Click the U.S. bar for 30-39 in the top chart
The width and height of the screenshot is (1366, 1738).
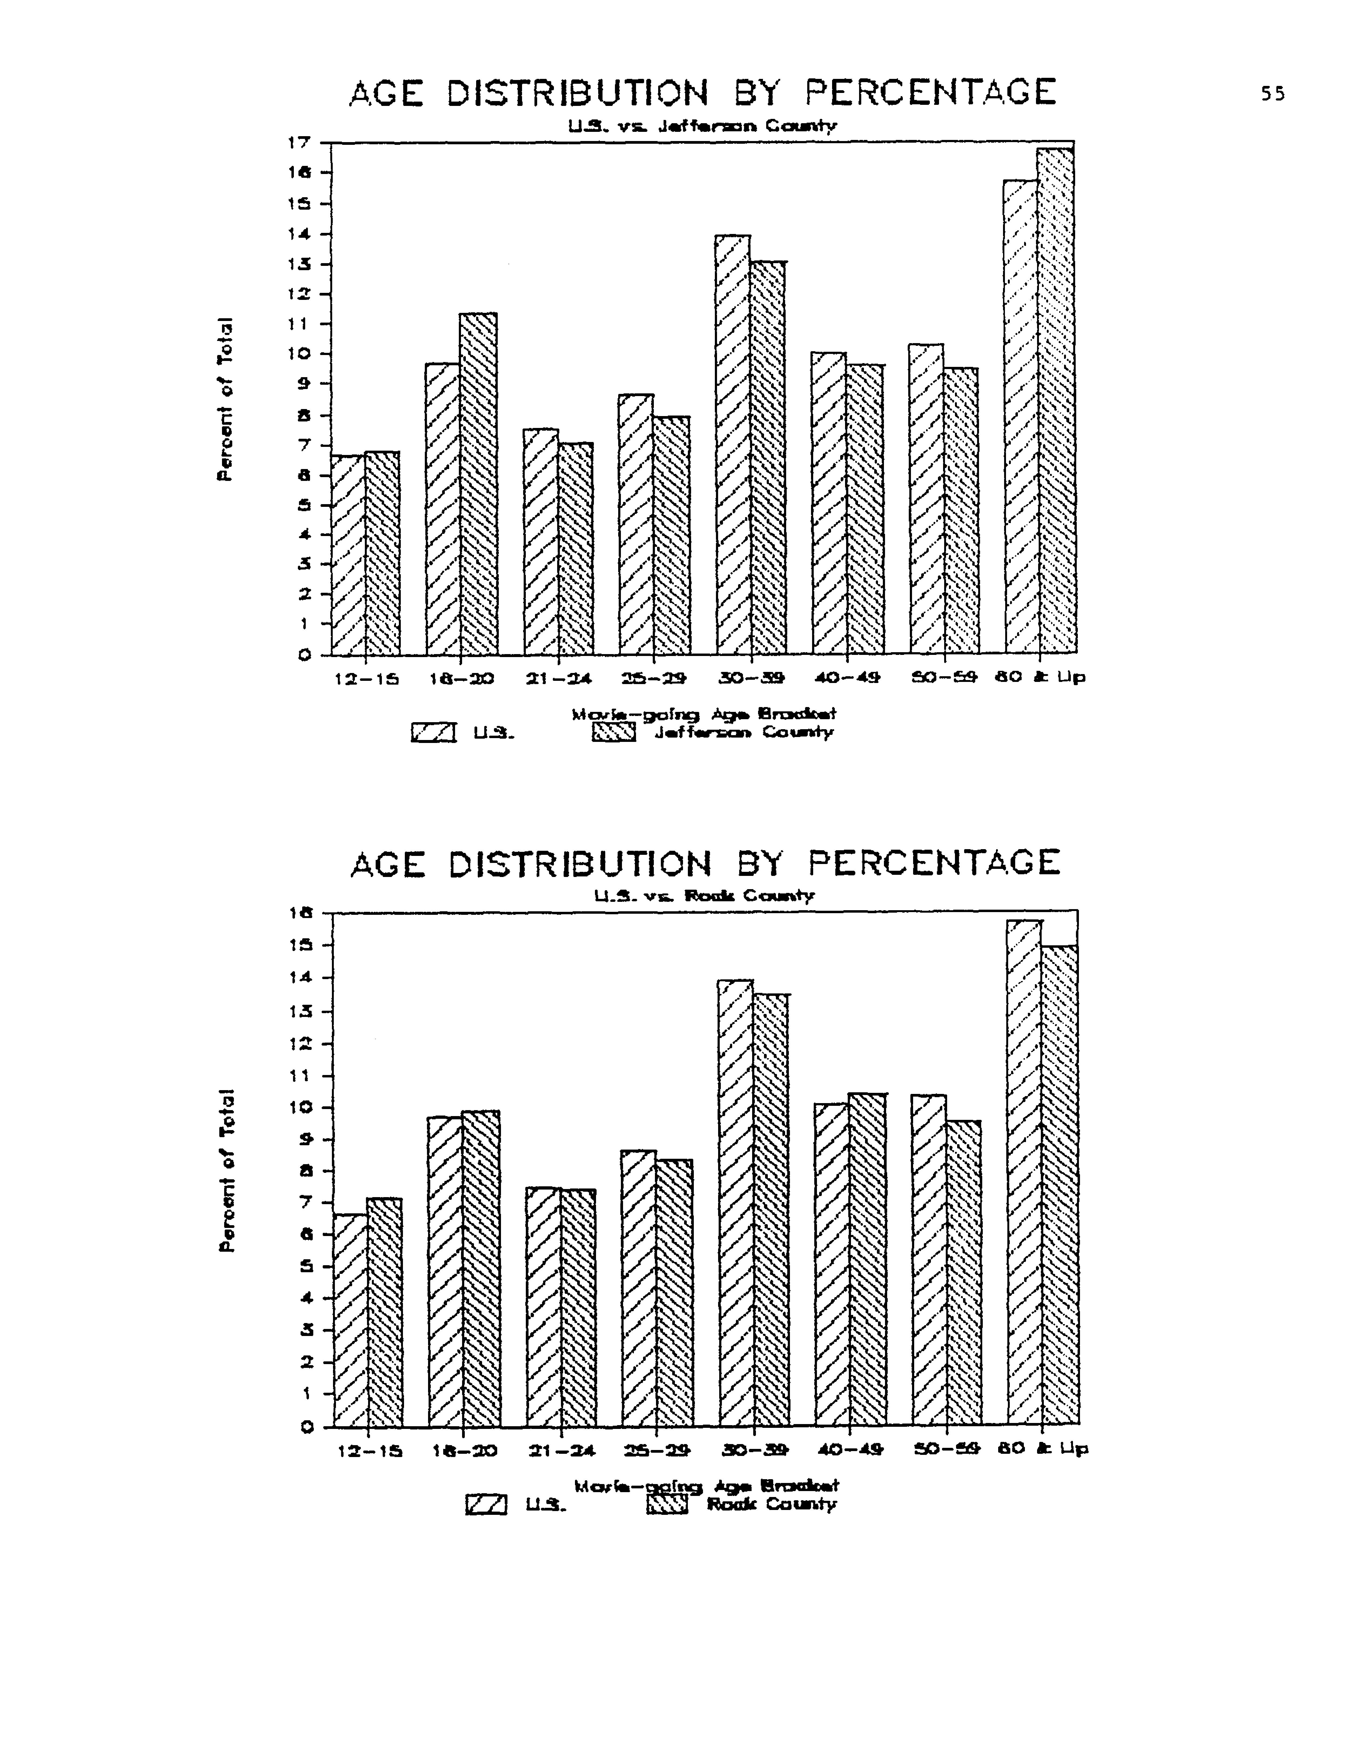click(734, 444)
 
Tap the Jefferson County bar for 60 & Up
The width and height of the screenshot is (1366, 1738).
click(1057, 400)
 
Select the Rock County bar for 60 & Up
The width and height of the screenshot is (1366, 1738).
click(1060, 1184)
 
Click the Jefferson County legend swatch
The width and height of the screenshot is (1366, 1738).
click(613, 732)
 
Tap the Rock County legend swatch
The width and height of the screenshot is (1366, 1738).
click(667, 1505)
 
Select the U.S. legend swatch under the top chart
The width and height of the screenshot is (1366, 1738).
click(433, 732)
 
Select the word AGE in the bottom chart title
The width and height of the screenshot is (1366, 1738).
click(387, 864)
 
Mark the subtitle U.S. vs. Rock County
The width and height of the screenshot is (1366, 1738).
click(705, 896)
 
